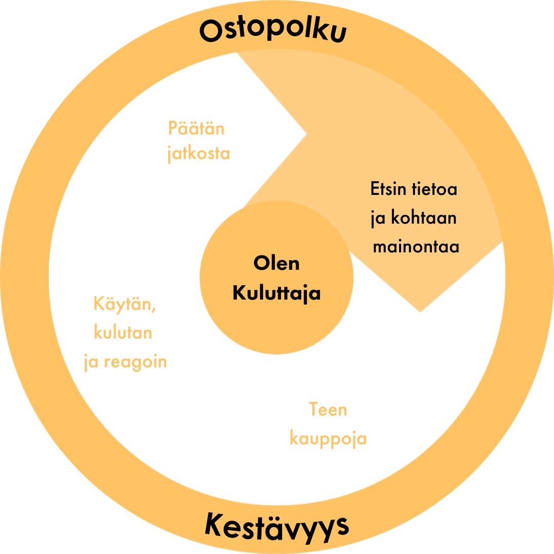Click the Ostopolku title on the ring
click(273, 30)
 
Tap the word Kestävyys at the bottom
click(276, 527)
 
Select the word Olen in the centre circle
click(276, 263)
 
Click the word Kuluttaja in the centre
click(276, 293)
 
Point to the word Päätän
click(196, 128)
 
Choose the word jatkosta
click(199, 154)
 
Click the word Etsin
click(388, 189)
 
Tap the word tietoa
click(434, 189)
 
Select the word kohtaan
click(424, 217)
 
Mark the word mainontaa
click(416, 247)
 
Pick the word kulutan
click(123, 332)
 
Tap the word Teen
click(328, 409)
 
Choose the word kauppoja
click(328, 439)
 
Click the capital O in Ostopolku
click(211, 31)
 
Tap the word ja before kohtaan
click(378, 219)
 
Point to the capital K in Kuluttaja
click(240, 292)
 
